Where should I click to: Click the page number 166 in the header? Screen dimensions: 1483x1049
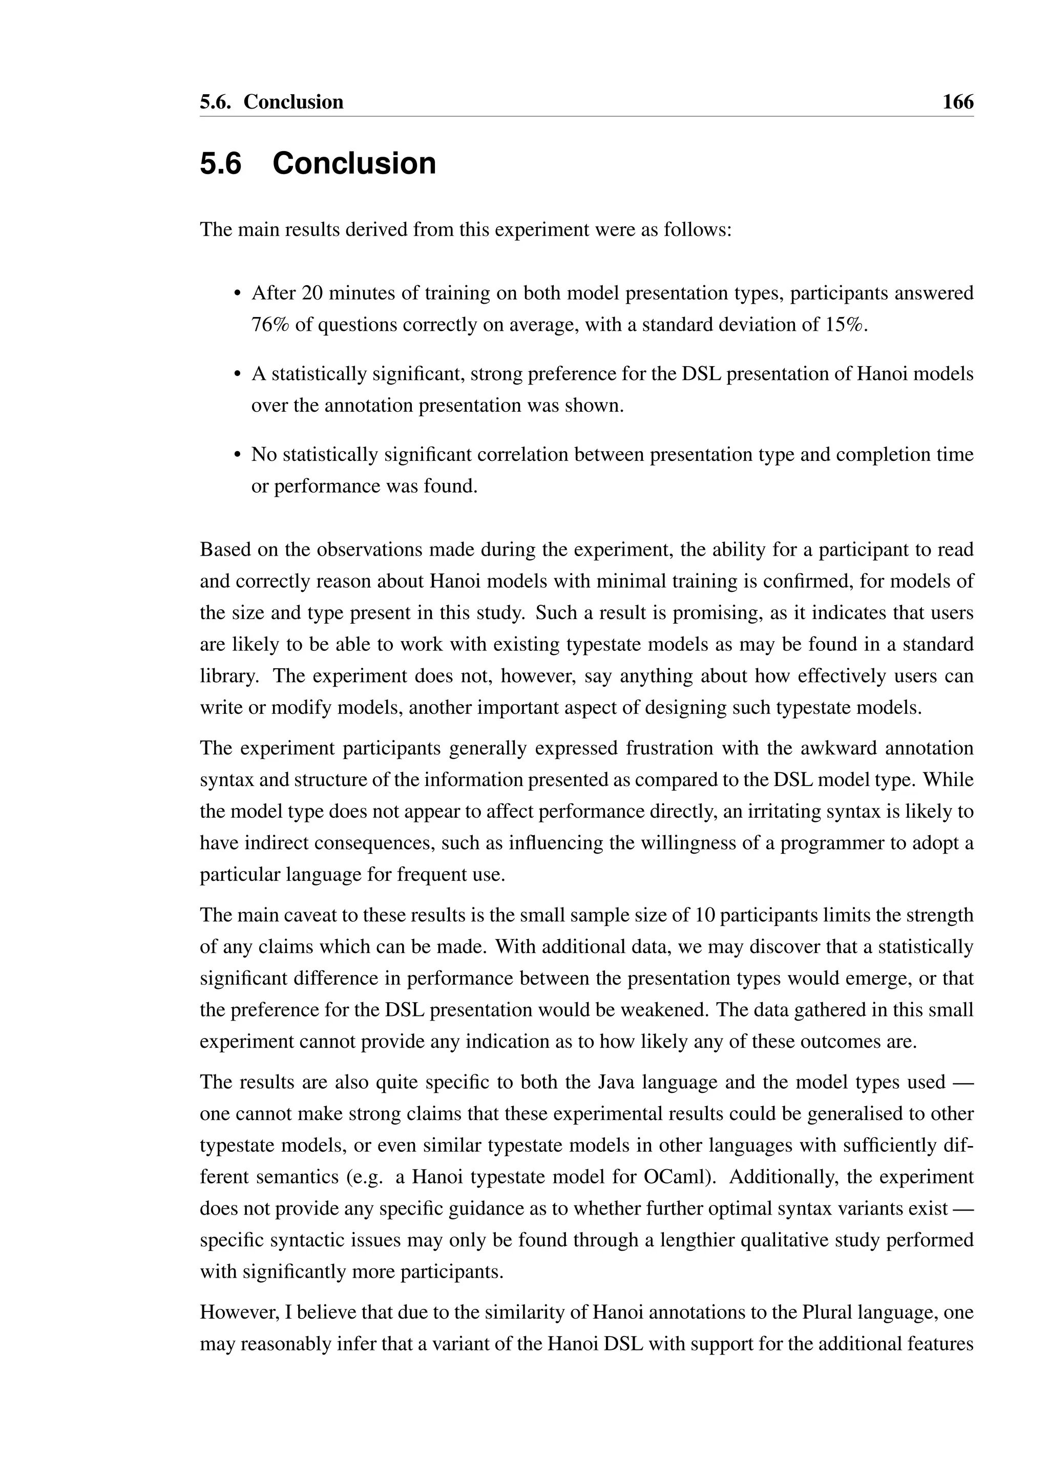[957, 102]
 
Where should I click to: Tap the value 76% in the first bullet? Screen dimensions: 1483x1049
[270, 325]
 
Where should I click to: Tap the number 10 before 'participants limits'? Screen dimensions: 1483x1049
[705, 915]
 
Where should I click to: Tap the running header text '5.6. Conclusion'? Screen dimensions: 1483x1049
[271, 102]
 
